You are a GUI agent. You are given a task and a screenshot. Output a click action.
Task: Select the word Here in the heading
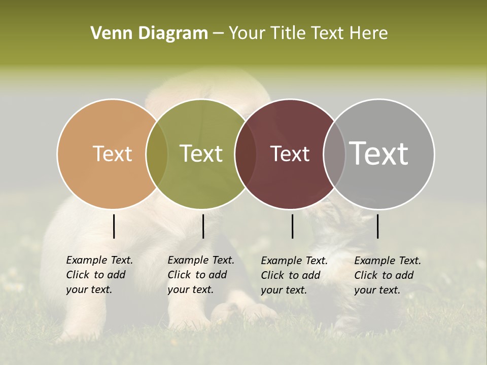click(369, 33)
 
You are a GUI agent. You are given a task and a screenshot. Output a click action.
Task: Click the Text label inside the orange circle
click(112, 154)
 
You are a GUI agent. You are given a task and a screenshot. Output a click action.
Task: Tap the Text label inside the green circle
click(201, 154)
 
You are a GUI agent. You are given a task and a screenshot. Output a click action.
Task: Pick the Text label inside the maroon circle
click(290, 154)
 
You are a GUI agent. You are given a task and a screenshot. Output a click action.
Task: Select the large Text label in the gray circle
click(378, 153)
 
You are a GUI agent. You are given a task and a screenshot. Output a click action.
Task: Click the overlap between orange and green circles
click(157, 154)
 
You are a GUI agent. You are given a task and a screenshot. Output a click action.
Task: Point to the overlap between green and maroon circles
click(246, 154)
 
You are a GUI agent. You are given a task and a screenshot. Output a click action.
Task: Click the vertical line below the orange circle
click(114, 226)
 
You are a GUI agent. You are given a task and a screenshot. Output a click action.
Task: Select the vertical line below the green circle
click(203, 226)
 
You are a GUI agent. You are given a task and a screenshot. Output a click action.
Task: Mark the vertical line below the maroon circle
click(292, 226)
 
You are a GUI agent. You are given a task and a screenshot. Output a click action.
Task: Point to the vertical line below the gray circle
click(377, 226)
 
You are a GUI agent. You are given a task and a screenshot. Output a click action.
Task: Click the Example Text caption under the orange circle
click(99, 275)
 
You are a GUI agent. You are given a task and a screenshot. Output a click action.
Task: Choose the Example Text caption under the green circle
click(201, 275)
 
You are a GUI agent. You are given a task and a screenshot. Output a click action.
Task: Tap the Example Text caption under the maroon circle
click(294, 275)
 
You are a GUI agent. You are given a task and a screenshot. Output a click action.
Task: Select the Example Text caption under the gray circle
click(388, 275)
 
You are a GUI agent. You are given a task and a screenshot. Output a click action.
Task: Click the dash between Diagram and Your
click(218, 33)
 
